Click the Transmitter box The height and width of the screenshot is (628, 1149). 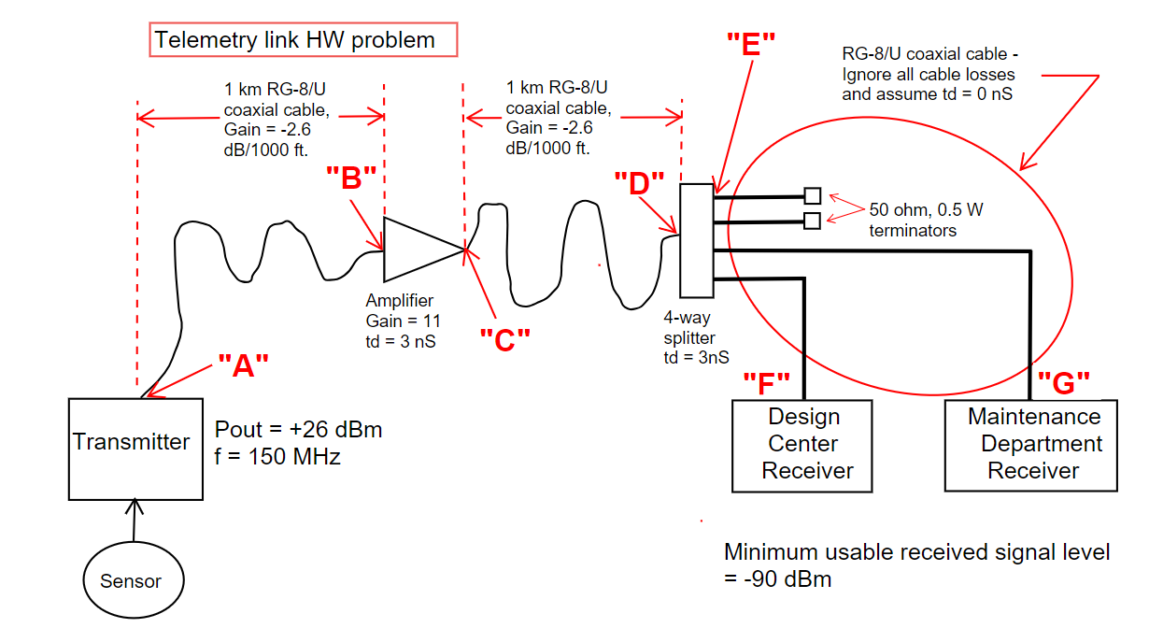tap(135, 449)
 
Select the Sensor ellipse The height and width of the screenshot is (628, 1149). tap(131, 580)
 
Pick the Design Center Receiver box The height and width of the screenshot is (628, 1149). tap(802, 445)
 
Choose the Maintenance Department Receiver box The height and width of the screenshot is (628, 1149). tap(1030, 445)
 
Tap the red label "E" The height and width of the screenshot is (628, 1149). tap(751, 43)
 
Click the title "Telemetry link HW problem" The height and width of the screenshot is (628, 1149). tap(295, 40)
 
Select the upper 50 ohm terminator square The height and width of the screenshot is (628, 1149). tap(813, 195)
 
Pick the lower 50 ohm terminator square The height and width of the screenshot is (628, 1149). tap(813, 221)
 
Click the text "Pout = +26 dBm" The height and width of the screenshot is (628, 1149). tap(299, 430)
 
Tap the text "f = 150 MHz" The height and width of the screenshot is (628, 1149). tap(278, 458)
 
